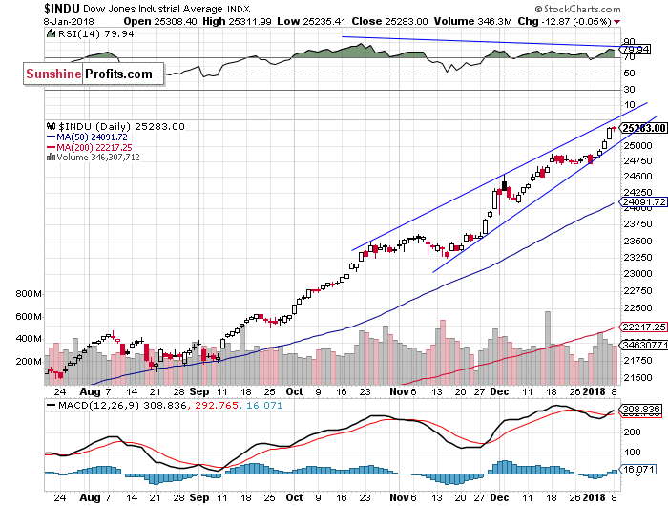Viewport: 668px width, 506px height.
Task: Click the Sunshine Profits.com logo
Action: click(x=89, y=73)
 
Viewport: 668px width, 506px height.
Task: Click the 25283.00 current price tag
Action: click(x=641, y=127)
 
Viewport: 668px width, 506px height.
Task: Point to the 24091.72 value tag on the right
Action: click(x=641, y=201)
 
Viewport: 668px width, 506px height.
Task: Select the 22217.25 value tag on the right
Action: click(x=641, y=327)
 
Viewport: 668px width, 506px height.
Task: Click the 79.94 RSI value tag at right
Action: click(x=634, y=48)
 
